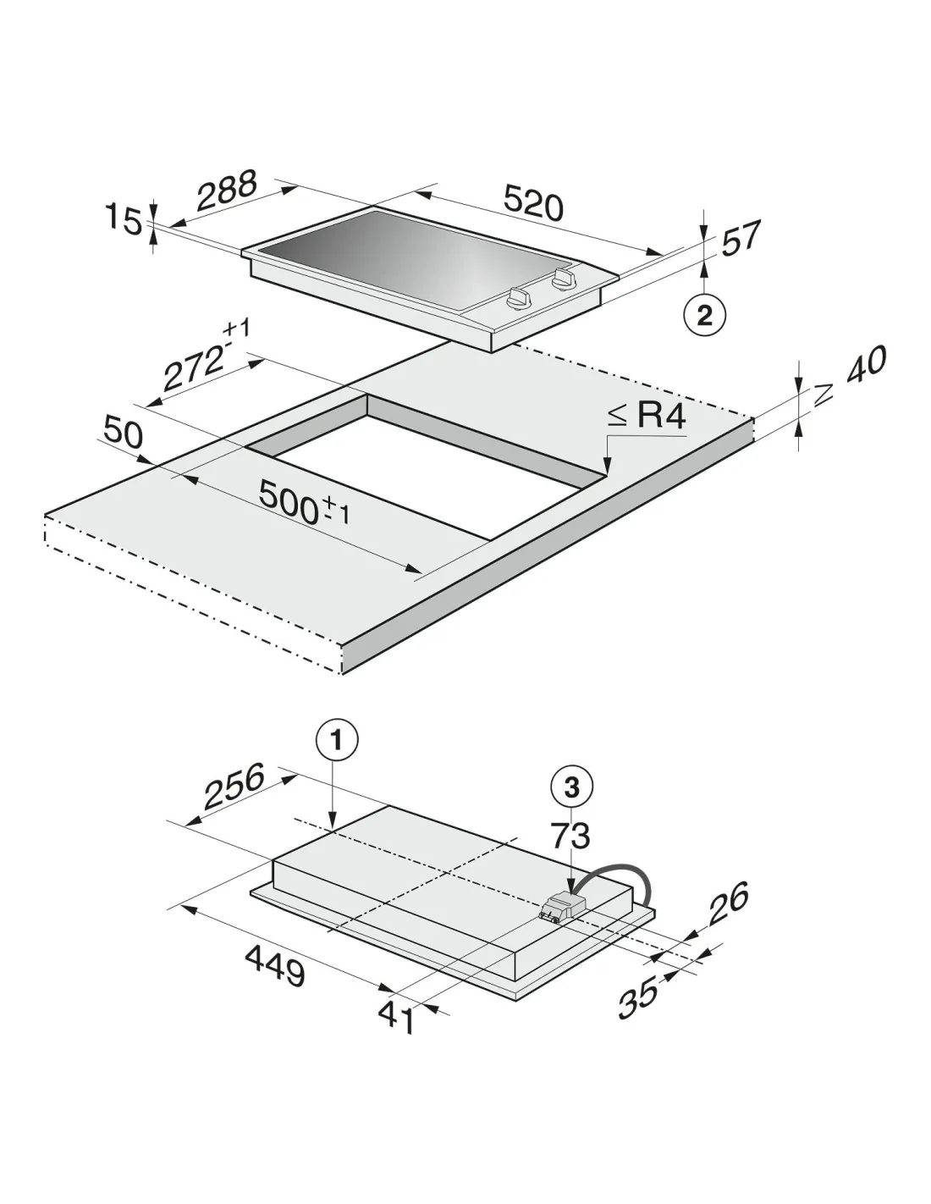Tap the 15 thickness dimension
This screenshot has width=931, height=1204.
point(124,220)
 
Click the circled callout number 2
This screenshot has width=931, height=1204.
point(704,317)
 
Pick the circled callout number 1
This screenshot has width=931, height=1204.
point(338,739)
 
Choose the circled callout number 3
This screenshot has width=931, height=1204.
point(571,787)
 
